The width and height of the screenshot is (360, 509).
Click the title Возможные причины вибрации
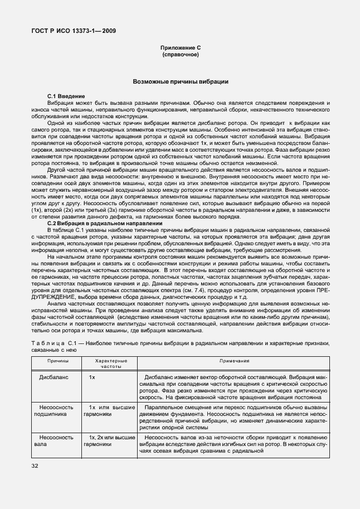point(180,81)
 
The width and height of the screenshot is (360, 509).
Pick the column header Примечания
point(233,361)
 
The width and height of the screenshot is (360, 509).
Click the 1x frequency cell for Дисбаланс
point(93,377)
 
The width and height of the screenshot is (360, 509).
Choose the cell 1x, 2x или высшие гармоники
point(108,440)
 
